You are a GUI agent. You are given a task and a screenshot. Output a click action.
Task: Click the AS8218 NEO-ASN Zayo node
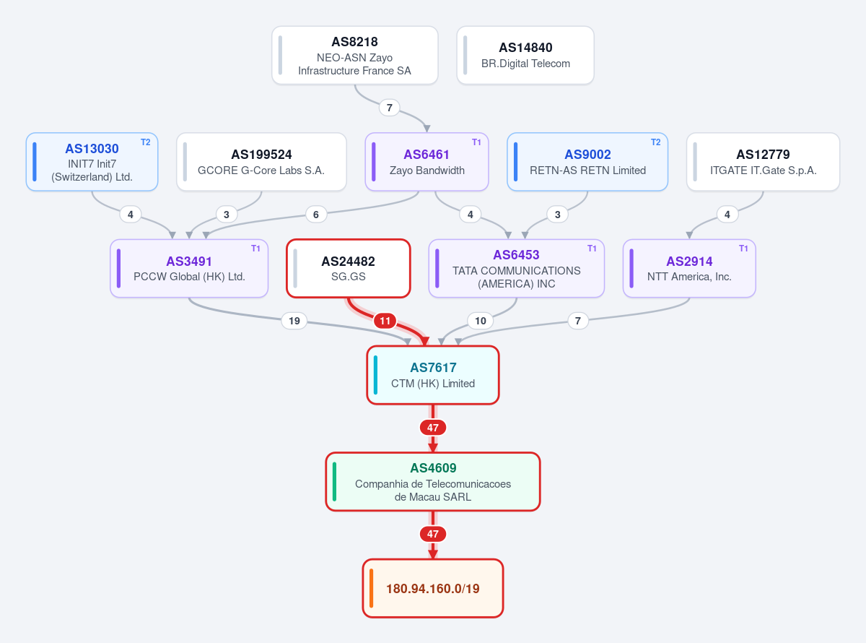354,55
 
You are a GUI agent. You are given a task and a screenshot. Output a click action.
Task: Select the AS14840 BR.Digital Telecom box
525,55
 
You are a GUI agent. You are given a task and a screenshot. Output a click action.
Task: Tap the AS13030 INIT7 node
92,162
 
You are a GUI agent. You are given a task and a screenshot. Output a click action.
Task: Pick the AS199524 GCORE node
261,162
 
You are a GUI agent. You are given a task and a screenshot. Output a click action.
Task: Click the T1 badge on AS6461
476,142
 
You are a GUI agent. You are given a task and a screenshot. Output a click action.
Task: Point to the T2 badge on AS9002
655,142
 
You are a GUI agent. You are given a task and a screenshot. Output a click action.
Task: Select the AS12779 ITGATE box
763,162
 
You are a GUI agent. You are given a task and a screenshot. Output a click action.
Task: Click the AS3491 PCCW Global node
189,268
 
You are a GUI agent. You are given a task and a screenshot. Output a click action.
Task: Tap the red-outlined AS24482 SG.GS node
349,268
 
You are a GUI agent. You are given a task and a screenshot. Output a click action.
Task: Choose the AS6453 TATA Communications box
516,268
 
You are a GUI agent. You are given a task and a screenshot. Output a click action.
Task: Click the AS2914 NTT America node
689,268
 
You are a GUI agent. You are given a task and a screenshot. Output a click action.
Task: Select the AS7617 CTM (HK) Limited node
432,375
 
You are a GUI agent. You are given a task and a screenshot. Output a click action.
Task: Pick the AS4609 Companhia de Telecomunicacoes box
432,482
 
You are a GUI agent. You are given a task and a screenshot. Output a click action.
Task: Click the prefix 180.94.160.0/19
432,588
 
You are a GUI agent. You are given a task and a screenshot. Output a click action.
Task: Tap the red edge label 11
385,321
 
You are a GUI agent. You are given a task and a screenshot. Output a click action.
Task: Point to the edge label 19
294,321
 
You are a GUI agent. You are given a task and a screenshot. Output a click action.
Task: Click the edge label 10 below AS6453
480,321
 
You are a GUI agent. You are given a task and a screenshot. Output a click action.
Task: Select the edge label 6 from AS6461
316,214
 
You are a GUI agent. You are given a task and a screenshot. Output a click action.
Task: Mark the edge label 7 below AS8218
389,108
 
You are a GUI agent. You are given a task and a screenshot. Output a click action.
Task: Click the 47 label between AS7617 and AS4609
432,428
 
